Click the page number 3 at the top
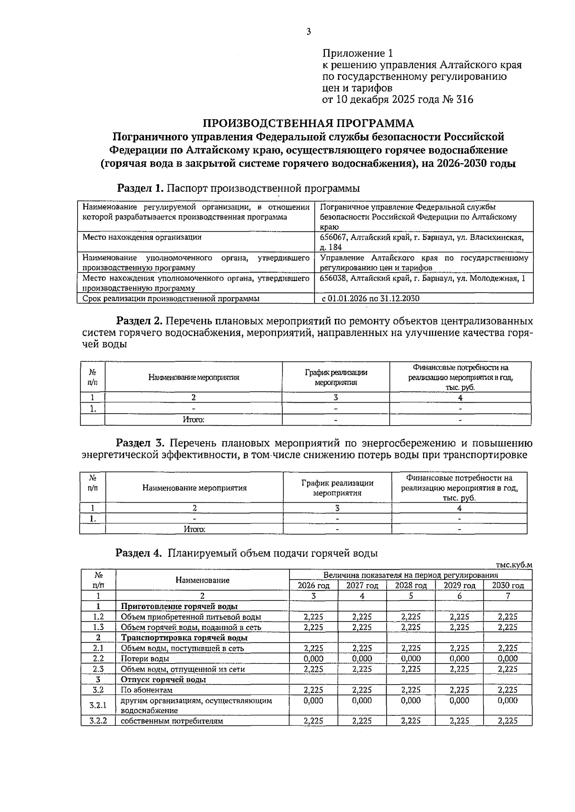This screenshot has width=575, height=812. point(308,32)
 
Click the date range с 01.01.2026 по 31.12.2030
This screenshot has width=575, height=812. point(370,298)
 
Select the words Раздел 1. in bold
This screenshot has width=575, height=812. point(141,188)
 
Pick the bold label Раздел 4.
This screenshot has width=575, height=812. point(139,553)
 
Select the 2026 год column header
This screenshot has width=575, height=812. point(313,586)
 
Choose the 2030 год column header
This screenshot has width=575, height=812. point(508,586)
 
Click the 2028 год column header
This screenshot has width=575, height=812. point(411,586)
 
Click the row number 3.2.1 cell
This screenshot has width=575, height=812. point(98,705)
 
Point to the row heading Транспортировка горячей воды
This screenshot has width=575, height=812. point(184,638)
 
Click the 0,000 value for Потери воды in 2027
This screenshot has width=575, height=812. point(362,658)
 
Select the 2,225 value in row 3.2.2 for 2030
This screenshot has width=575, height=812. point(508,721)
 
